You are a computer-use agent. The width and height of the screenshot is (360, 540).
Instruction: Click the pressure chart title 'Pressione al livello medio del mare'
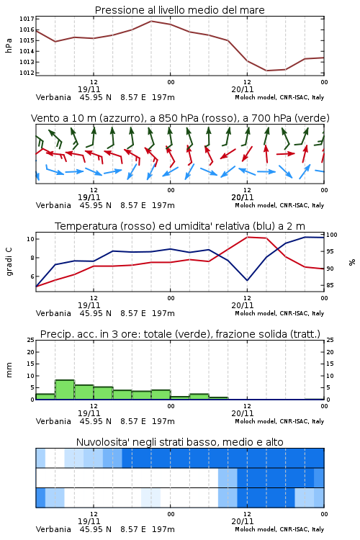pos(180,10)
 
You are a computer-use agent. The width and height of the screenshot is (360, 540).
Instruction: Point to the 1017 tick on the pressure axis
pos(27,19)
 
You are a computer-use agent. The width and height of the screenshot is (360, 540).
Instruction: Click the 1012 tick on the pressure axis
pos(27,73)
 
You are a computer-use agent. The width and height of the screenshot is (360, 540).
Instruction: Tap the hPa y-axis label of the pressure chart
pos(9,45)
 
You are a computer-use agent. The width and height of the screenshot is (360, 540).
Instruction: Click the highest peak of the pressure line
pos(151,21)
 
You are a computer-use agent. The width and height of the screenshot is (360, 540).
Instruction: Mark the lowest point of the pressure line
pos(266,71)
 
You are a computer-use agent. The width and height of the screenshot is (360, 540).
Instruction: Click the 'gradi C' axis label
pos(9,262)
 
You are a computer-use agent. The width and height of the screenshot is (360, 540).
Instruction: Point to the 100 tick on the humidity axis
pos(332,235)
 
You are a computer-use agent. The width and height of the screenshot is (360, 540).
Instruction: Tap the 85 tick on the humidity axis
pos(330,285)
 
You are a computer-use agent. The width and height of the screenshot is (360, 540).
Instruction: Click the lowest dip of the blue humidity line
pos(248,280)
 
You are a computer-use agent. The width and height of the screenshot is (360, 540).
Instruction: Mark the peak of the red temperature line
pos(248,237)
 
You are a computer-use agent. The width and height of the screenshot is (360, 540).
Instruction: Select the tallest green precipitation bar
pos(65,390)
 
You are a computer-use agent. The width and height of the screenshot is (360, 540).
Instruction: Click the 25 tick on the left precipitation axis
pos(31,340)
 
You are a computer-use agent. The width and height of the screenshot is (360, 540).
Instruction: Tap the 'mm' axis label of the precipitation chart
pos(9,369)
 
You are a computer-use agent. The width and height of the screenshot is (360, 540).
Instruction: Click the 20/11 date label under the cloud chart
pos(243,521)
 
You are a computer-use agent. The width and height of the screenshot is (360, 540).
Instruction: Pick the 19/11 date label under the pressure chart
pos(89,89)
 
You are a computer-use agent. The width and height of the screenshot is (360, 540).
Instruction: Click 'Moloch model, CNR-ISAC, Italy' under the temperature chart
pos(279,313)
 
